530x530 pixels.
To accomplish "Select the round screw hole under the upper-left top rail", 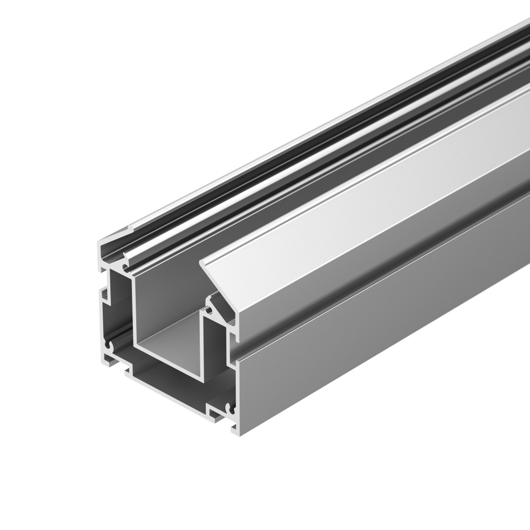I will pos(126,261).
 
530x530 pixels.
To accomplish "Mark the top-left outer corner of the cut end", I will pos(99,243).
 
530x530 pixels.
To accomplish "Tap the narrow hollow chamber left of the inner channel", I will pos(119,307).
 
